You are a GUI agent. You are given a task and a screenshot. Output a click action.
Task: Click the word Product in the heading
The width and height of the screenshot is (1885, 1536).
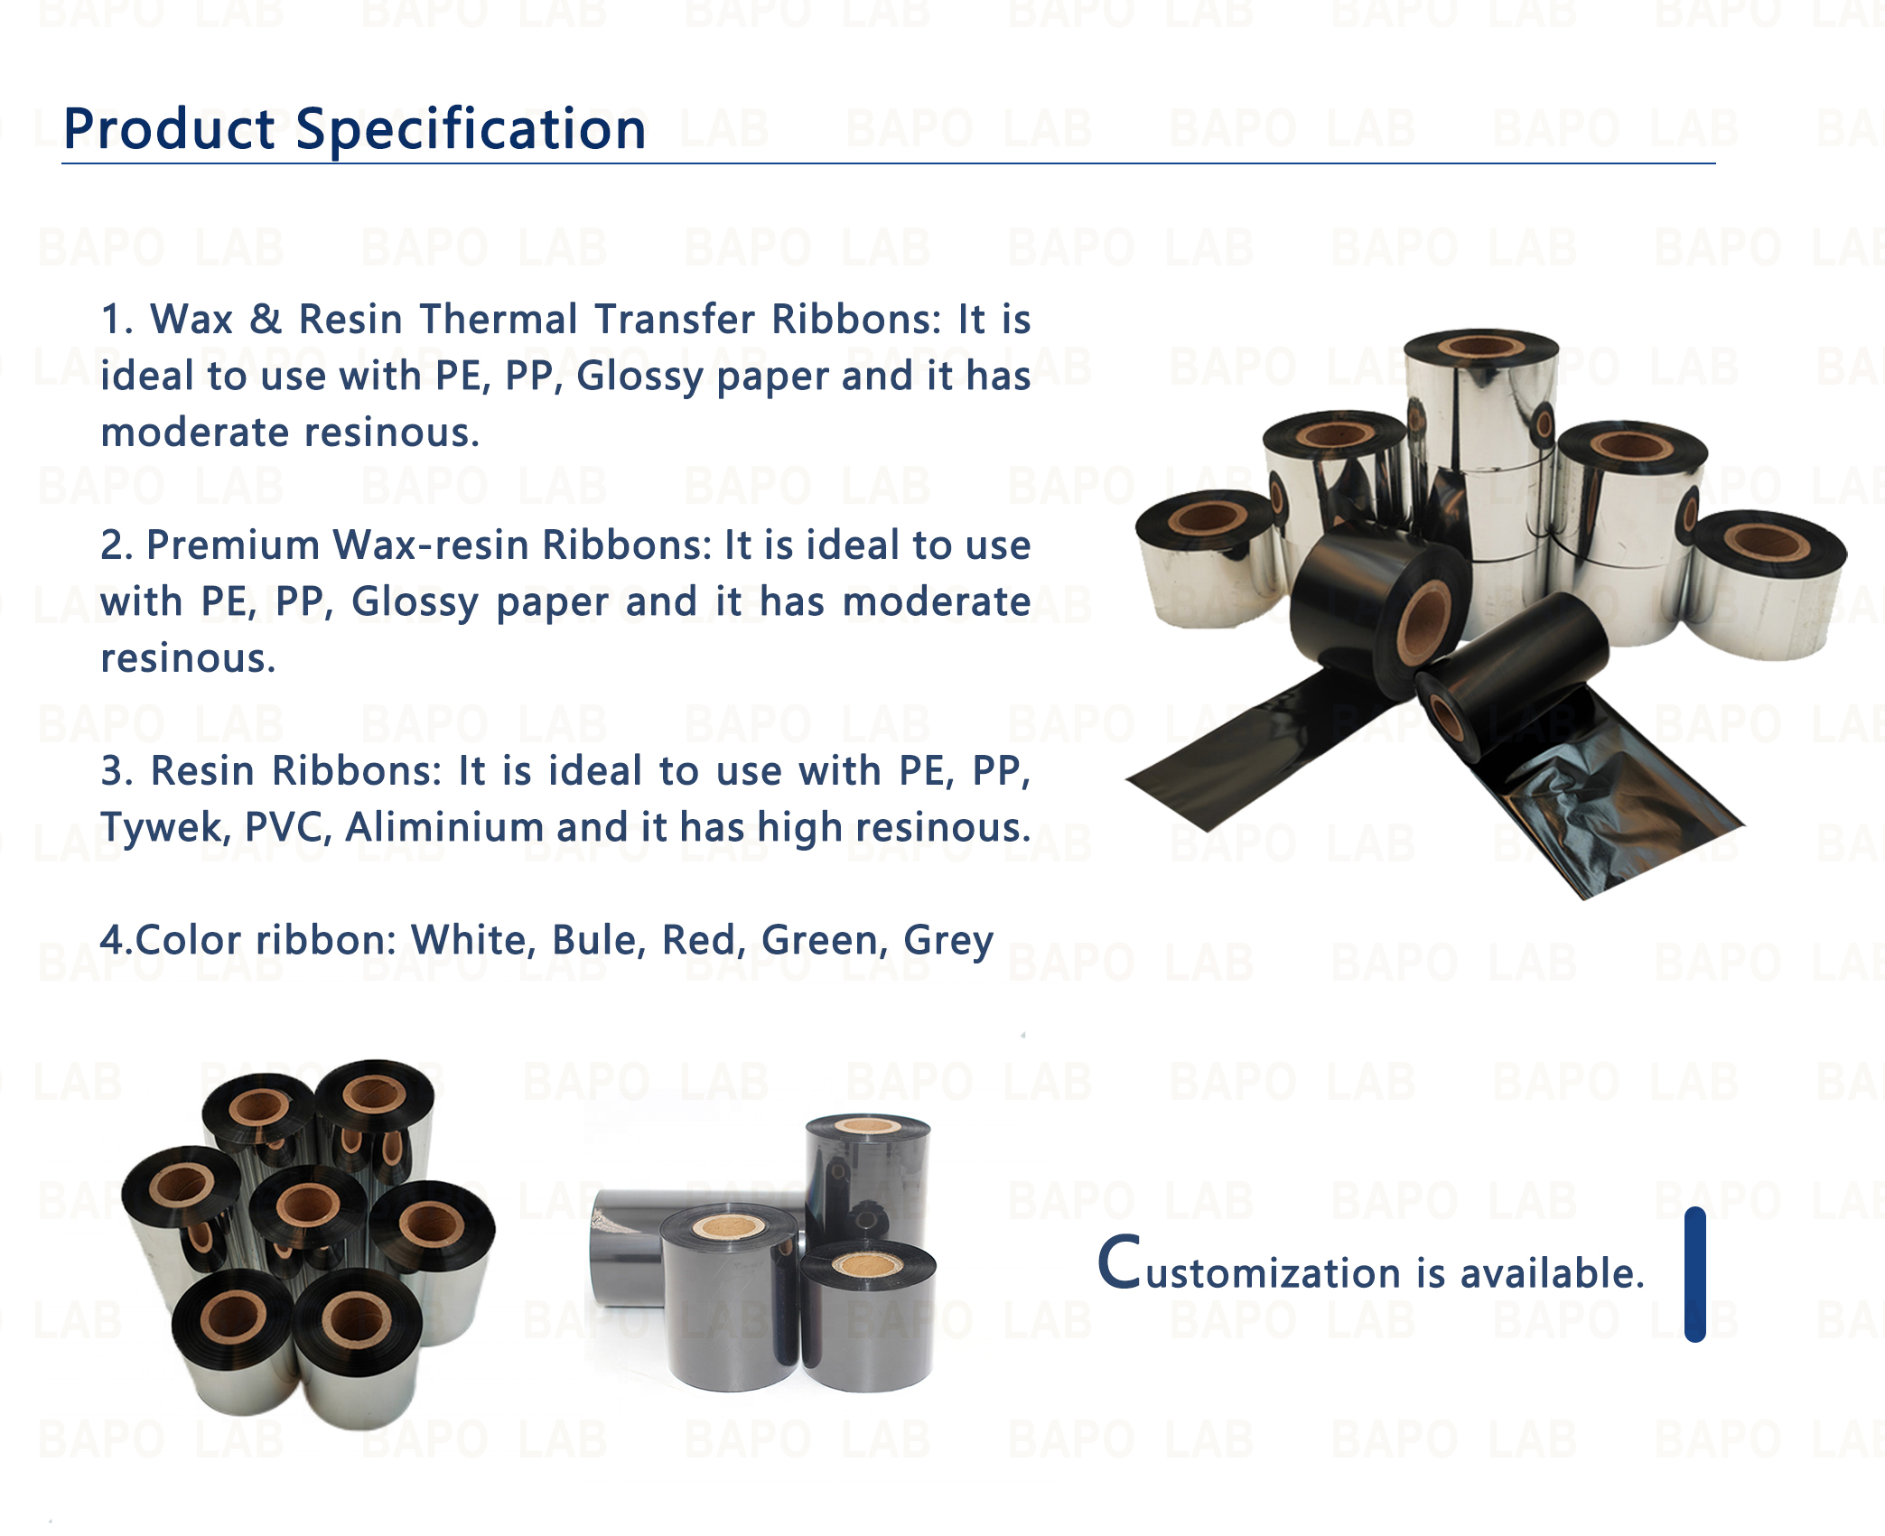[169, 128]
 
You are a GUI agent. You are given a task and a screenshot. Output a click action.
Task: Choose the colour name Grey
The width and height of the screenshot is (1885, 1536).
[948, 942]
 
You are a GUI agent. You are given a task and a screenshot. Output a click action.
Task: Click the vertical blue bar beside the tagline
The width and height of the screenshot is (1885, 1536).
[1695, 1274]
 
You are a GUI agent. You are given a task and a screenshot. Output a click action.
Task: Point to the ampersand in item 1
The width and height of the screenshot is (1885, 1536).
[266, 319]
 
